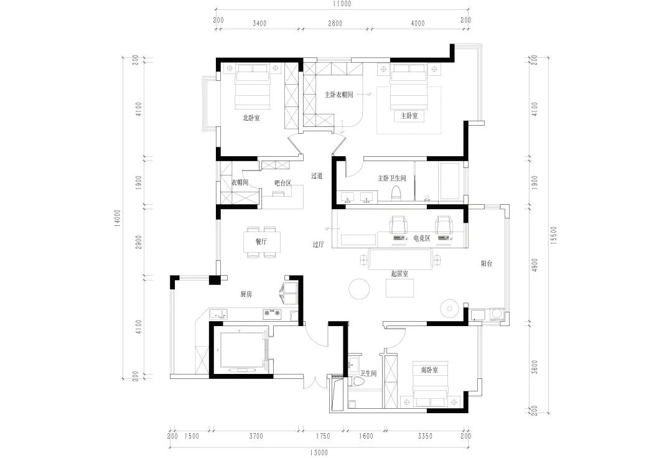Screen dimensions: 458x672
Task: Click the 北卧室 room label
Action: pyautogui.click(x=251, y=117)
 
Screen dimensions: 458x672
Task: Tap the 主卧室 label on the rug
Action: pyautogui.click(x=409, y=116)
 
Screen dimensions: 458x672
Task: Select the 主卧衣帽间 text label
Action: pyautogui.click(x=339, y=95)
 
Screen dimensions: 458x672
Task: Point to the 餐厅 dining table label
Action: pyautogui.click(x=261, y=241)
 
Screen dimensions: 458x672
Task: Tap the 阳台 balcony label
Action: pyautogui.click(x=487, y=264)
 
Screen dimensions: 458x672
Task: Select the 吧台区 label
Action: pyautogui.click(x=283, y=183)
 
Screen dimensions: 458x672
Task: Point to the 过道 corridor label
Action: pyautogui.click(x=317, y=176)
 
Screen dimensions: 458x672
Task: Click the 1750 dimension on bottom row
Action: pyautogui.click(x=323, y=436)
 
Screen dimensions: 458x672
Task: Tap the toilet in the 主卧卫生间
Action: pyautogui.click(x=394, y=194)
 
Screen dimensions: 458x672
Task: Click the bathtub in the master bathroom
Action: pyautogui.click(x=449, y=182)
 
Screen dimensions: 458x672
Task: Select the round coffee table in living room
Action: pyautogui.click(x=360, y=289)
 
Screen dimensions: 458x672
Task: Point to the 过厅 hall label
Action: pyautogui.click(x=318, y=245)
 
